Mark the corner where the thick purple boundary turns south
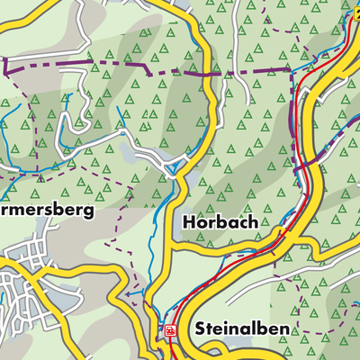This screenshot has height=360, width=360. pyautogui.click(x=293, y=70)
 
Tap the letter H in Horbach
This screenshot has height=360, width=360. pyautogui.click(x=187, y=221)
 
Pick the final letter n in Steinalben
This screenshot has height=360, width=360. pyautogui.click(x=284, y=329)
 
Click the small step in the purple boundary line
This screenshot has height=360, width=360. pyautogui.click(x=149, y=67)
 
